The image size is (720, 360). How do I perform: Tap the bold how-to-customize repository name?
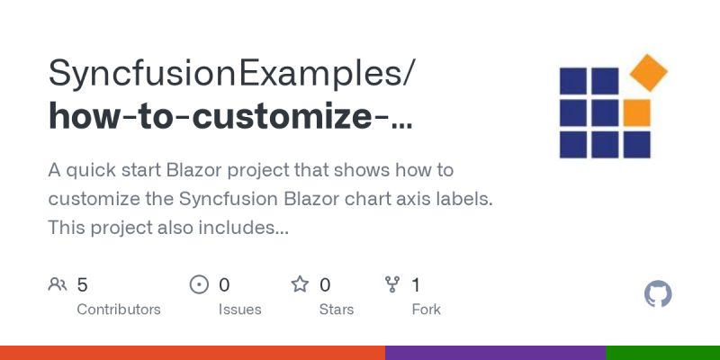pyautogui.click(x=230, y=117)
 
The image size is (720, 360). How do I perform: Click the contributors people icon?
pyautogui.click(x=58, y=285)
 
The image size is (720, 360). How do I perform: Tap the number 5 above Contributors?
pyautogui.click(x=82, y=285)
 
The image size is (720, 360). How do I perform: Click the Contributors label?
pyautogui.click(x=119, y=310)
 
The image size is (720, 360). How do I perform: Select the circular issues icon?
pyautogui.click(x=199, y=285)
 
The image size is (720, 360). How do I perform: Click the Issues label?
pyautogui.click(x=239, y=310)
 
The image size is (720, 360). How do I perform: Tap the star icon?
pyautogui.click(x=300, y=285)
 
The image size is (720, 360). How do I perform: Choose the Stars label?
pyautogui.click(x=337, y=310)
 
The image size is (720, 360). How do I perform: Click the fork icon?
pyautogui.click(x=392, y=285)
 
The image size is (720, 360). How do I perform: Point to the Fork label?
pyautogui.click(x=426, y=310)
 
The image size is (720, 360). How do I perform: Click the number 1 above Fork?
pyautogui.click(x=416, y=285)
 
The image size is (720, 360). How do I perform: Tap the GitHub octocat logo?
pyautogui.click(x=659, y=294)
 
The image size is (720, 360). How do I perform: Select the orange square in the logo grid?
pyautogui.click(x=636, y=112)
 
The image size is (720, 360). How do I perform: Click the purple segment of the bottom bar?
pyautogui.click(x=495, y=353)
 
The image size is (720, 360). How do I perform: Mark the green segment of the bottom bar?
pyautogui.click(x=662, y=353)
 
